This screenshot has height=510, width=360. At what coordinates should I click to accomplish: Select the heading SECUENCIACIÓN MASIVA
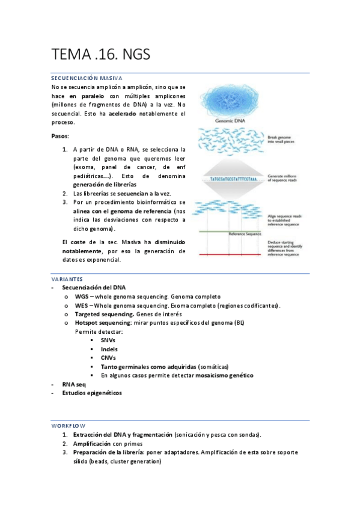[87, 78]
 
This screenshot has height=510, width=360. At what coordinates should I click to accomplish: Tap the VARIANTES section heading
[67, 280]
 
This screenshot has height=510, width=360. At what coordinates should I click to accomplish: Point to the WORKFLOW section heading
[69, 425]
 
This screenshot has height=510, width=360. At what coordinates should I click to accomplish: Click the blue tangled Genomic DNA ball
[228, 97]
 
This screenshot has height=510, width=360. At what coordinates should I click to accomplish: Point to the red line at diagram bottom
[228, 255]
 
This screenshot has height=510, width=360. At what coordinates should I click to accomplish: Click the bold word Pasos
[60, 137]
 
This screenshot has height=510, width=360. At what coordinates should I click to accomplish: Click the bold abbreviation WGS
[81, 297]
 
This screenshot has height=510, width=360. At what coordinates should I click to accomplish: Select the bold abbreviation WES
[81, 306]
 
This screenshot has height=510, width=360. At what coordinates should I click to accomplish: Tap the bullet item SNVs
[108, 340]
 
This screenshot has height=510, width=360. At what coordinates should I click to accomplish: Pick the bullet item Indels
[109, 349]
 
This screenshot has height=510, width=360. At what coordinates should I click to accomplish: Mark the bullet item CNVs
[108, 358]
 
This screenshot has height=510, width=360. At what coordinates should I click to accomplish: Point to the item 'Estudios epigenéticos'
[91, 393]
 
